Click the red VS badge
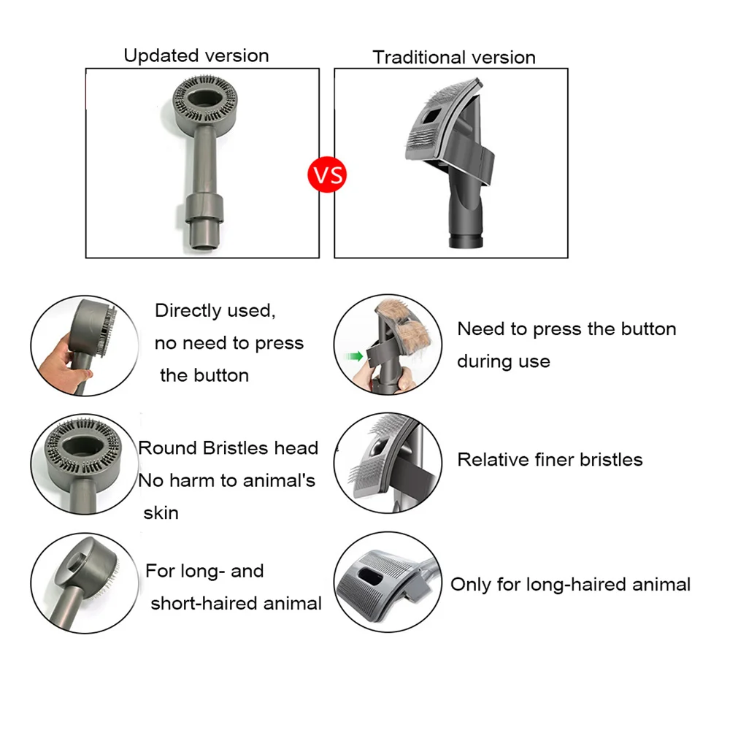click(327, 175)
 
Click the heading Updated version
click(196, 55)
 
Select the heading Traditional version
click(454, 57)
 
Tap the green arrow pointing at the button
click(356, 356)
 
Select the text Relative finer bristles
click(550, 459)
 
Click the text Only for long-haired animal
click(570, 584)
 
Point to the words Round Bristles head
click(228, 447)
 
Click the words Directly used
click(215, 310)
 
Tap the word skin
click(161, 512)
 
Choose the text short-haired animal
click(236, 603)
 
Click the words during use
click(503, 361)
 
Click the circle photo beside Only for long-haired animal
click(388, 582)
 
